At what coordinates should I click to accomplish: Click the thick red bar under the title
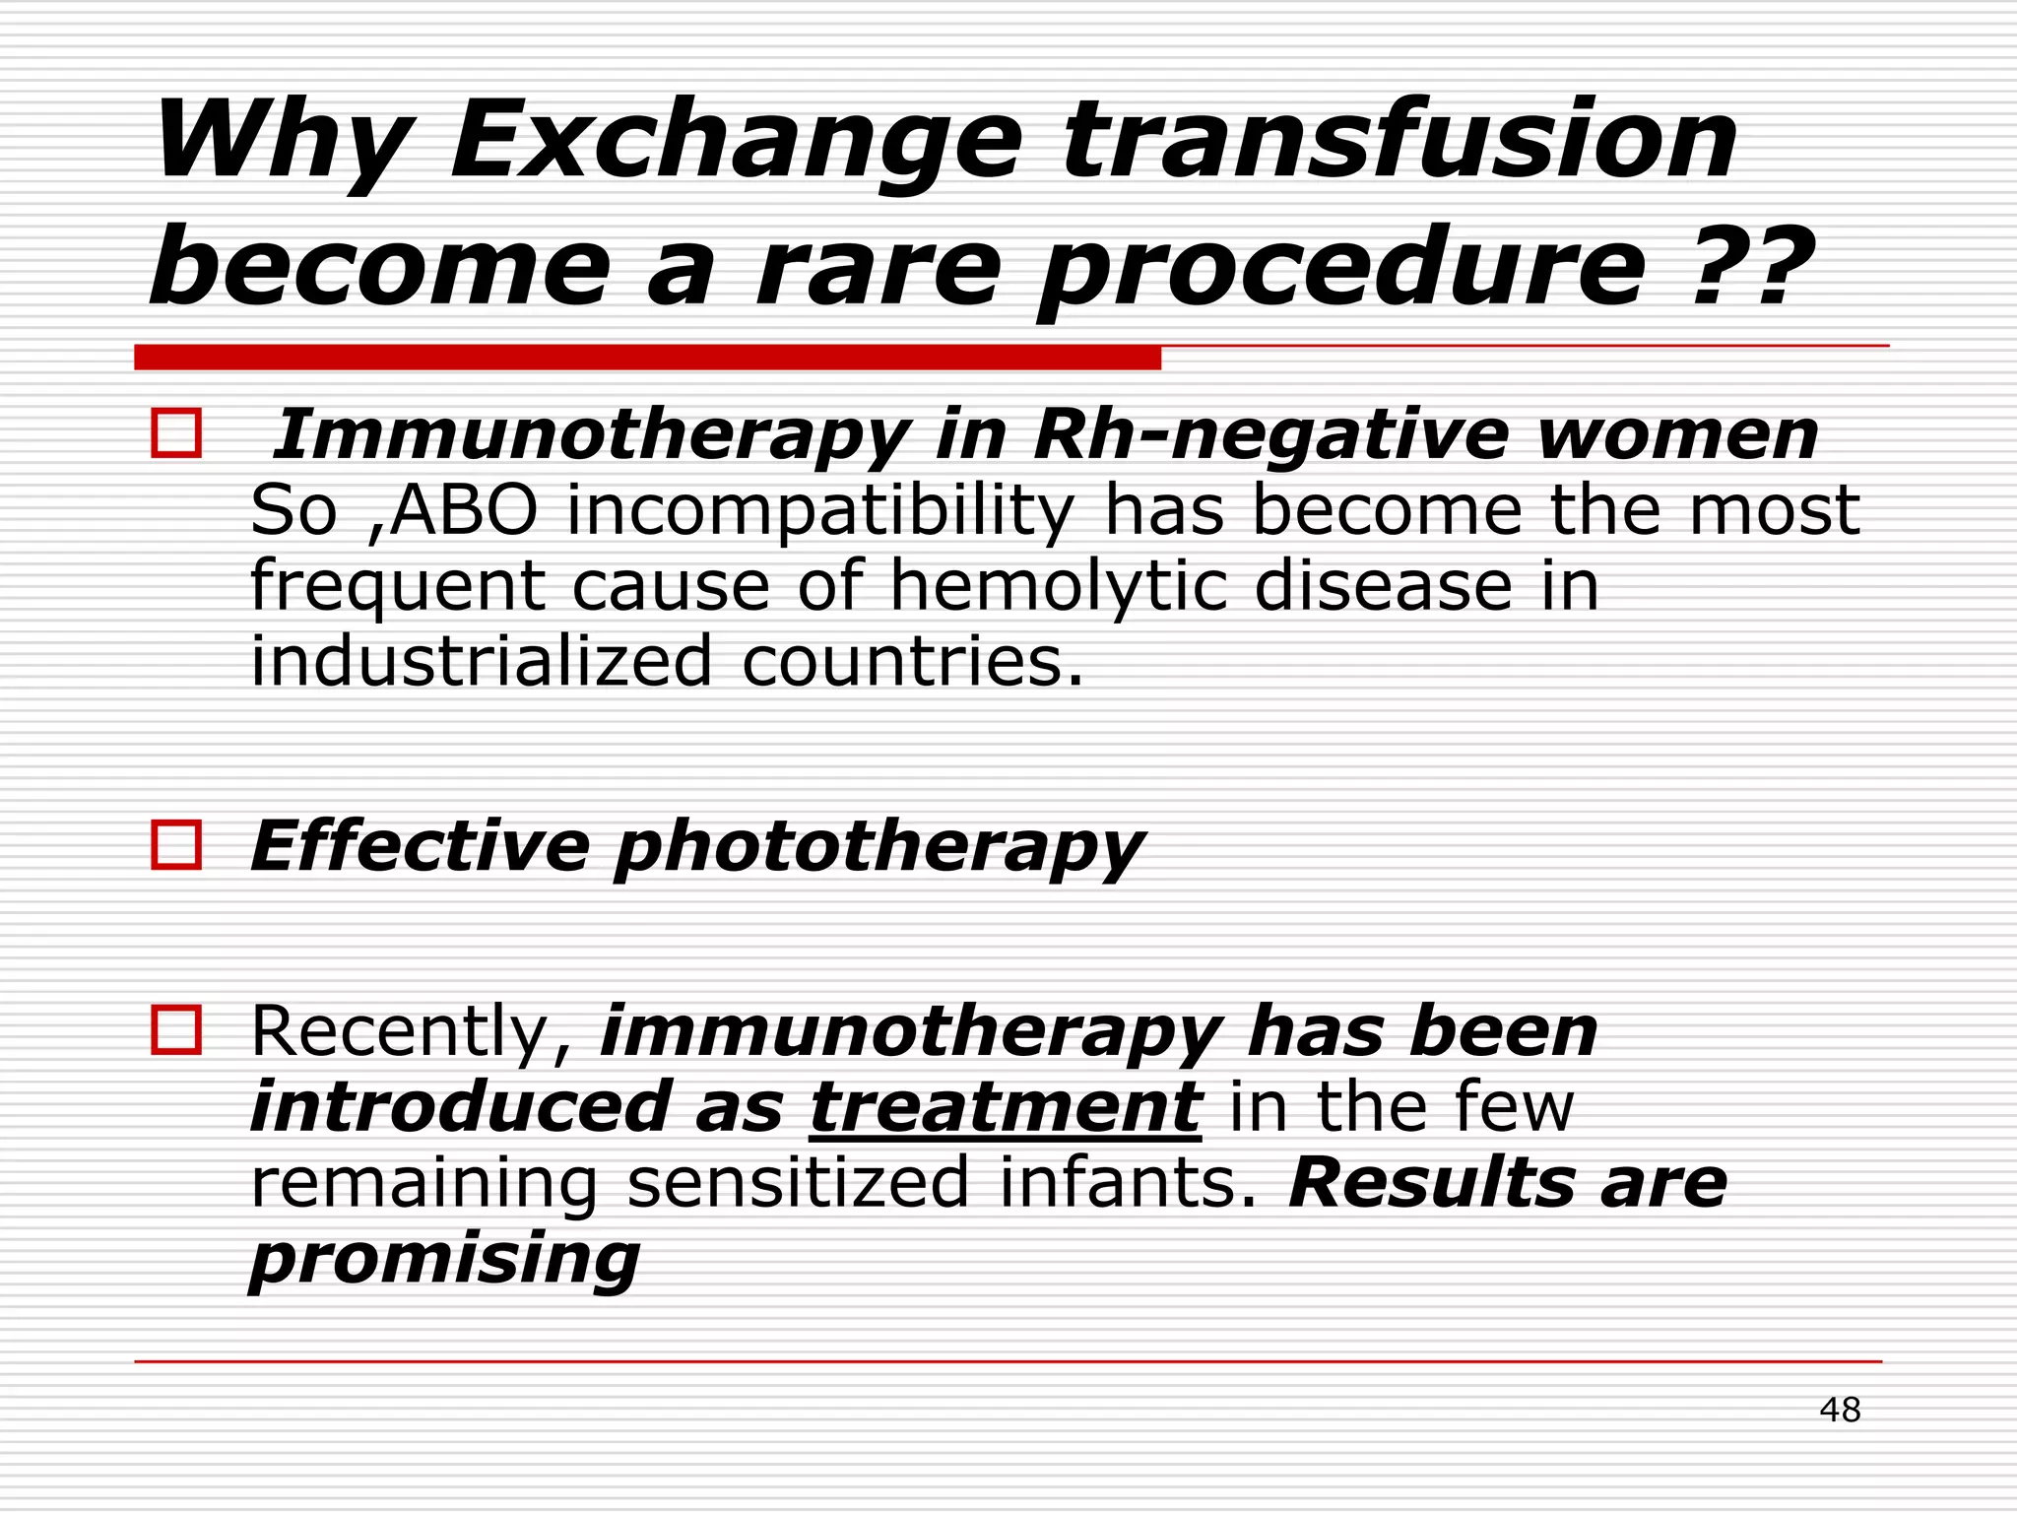pos(647,358)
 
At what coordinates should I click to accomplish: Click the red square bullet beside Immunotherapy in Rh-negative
pos(176,433)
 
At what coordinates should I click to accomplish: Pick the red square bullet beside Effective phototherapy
pos(176,845)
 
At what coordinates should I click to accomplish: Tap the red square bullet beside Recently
pos(176,1030)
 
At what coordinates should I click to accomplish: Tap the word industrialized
pos(481,661)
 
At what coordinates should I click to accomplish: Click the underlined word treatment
pos(1005,1107)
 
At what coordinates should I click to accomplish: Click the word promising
pos(444,1259)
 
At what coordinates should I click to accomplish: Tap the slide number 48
pos(1839,1410)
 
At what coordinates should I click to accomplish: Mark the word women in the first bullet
pos(1676,434)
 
